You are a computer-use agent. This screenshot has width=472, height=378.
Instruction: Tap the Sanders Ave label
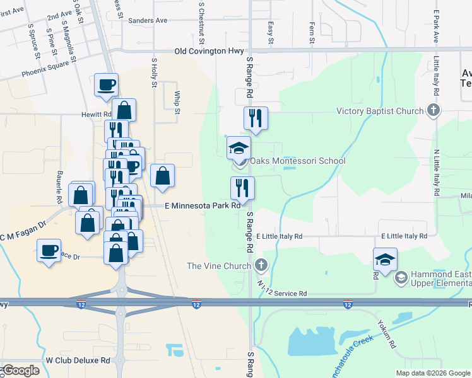147,20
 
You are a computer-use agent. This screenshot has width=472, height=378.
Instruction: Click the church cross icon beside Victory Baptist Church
433,111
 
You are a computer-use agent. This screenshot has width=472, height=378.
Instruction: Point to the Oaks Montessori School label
298,161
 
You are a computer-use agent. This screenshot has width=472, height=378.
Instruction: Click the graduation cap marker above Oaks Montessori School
239,149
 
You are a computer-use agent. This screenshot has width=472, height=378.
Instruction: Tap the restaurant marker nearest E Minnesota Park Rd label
242,188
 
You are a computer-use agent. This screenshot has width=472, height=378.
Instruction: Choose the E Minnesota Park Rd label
203,205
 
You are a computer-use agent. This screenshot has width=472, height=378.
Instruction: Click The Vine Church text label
219,266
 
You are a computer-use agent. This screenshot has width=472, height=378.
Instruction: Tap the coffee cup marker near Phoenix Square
106,84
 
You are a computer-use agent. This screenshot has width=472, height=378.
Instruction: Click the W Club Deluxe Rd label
78,360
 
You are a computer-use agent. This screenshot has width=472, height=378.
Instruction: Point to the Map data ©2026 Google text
432,373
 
